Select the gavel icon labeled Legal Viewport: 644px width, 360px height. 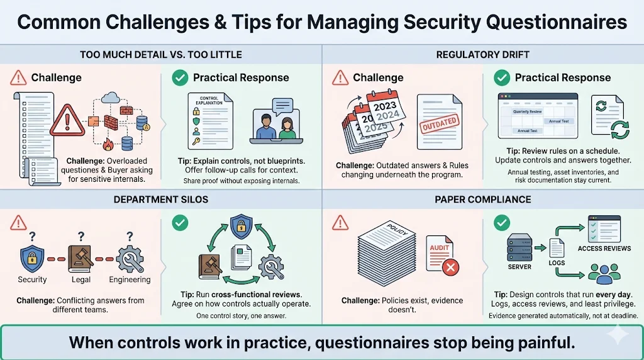pyautogui.click(x=80, y=258)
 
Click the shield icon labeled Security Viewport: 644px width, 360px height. pyautogui.click(x=31, y=258)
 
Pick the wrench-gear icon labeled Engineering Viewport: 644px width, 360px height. pyautogui.click(x=130, y=258)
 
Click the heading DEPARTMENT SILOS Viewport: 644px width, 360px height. pyautogui.click(x=161, y=200)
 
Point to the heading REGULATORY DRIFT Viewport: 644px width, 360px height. pyautogui.click(x=482, y=55)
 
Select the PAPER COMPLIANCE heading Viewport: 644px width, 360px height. pyautogui.click(x=482, y=200)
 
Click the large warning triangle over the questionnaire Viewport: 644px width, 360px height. pyautogui.click(x=67, y=120)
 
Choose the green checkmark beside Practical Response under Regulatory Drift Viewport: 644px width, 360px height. pyautogui.click(x=501, y=77)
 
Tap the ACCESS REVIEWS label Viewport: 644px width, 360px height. pyautogui.click(x=604, y=249)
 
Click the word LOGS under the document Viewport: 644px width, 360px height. pyautogui.click(x=557, y=262)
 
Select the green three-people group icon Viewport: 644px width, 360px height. pyautogui.click(x=603, y=273)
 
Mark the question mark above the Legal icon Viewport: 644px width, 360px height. pyautogui.click(x=80, y=236)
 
